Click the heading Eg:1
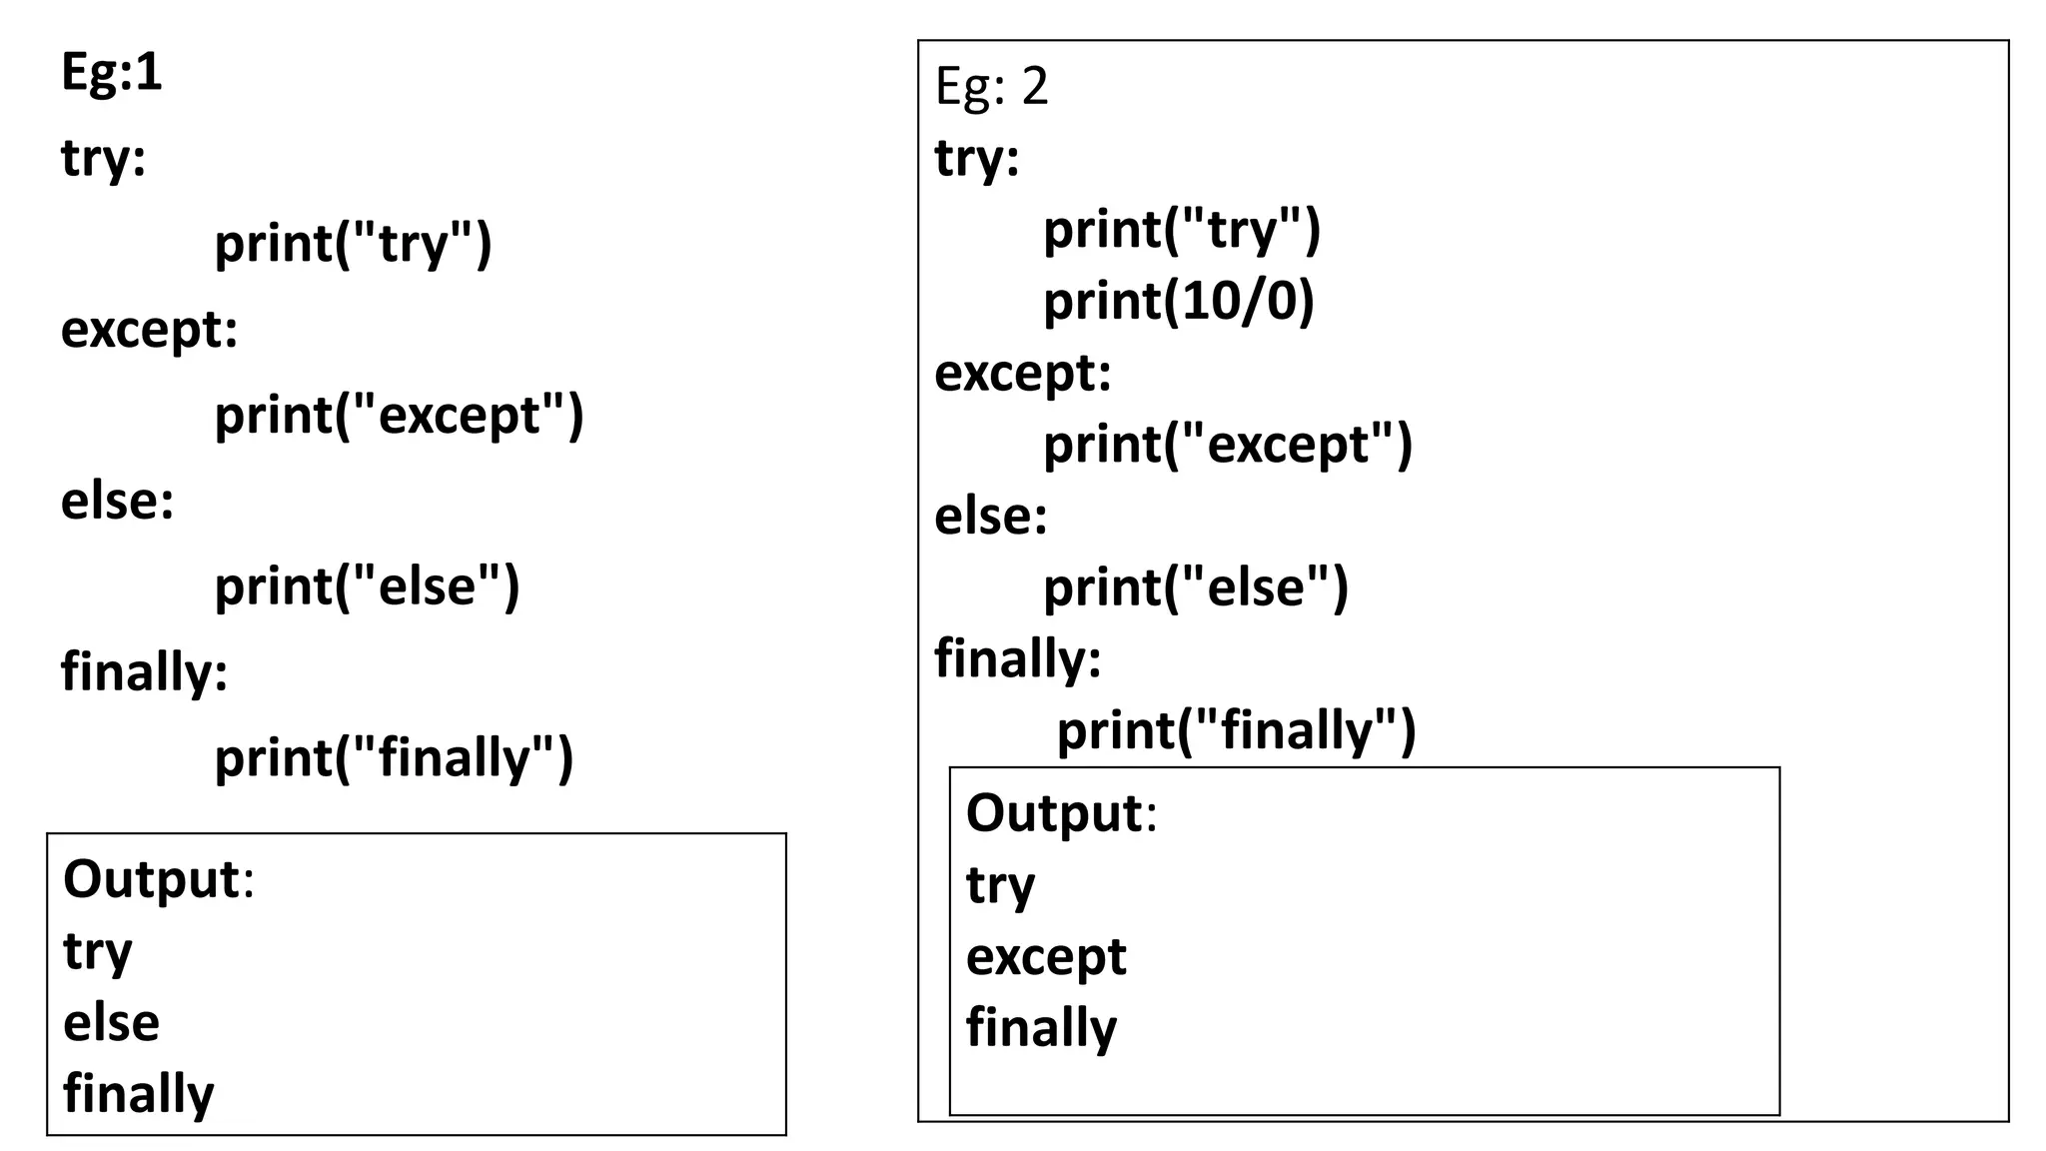tap(111, 72)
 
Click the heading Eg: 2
tap(991, 86)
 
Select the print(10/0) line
tap(1178, 301)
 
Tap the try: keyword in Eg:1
tap(103, 158)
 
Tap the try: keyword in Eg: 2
tap(976, 158)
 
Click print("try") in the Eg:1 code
tap(353, 244)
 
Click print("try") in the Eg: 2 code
tap(1181, 230)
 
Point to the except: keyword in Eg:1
tap(149, 330)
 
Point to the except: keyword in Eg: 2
tap(1022, 374)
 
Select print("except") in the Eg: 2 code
tap(1227, 445)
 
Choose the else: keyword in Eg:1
tap(117, 501)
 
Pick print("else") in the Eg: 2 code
tap(1195, 587)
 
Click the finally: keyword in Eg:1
tap(144, 671)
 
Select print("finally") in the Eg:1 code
tap(394, 757)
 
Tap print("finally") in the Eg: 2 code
tap(1236, 730)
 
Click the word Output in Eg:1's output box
tap(151, 879)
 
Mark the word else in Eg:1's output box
tap(111, 1022)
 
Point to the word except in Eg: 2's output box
tap(1045, 956)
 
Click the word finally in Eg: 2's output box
tap(1041, 1028)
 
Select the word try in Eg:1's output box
tap(97, 951)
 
